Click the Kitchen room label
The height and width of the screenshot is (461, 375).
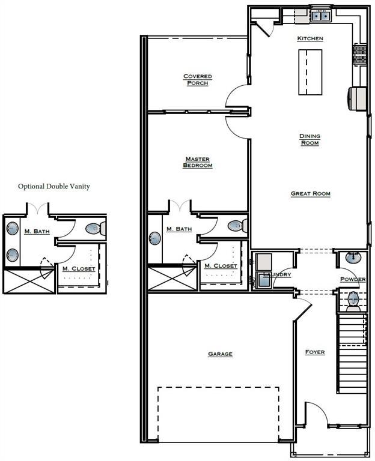pos(310,38)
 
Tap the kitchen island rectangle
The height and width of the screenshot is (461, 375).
pos(310,72)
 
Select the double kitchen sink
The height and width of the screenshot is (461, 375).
pos(320,16)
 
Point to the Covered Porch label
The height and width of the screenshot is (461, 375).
pos(198,80)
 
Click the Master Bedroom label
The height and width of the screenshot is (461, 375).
pos(198,162)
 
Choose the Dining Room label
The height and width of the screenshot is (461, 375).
pos(309,140)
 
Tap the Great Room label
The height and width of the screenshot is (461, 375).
pos(311,194)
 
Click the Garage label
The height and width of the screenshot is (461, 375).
pos(220,354)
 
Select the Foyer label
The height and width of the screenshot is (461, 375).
pos(315,352)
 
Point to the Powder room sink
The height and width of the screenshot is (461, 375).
pos(353,258)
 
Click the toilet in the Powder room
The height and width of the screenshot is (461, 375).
pos(353,301)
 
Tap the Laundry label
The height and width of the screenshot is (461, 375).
pos(277,274)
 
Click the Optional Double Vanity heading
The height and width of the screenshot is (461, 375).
pos(54,187)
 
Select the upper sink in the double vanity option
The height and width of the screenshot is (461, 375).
pos(13,228)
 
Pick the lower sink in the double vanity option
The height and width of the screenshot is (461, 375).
pos(13,255)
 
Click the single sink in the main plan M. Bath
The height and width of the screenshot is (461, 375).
pos(155,238)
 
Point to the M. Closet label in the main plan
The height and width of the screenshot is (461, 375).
pos(221,266)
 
